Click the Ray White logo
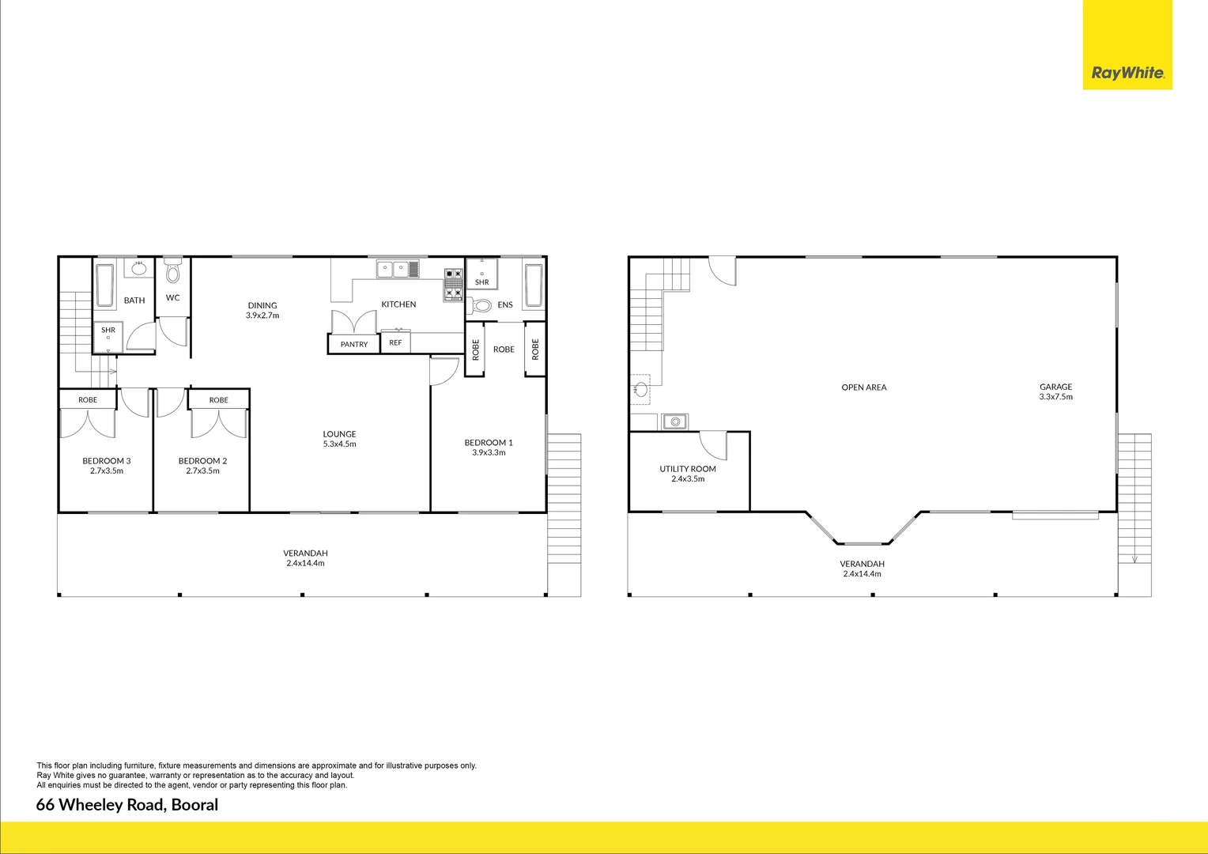coord(1127,73)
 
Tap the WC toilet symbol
coord(173,273)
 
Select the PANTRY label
coord(354,345)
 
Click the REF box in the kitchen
coord(395,343)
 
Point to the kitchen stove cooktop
coord(454,285)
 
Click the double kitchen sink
coord(393,270)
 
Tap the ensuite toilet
coord(481,305)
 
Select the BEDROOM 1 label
coord(489,443)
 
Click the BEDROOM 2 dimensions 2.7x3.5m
coord(203,471)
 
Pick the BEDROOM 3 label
coord(107,461)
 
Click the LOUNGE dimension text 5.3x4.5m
coord(340,444)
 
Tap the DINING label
coord(262,305)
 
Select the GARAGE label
coord(1056,387)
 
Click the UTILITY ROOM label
coord(688,469)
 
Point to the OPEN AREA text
coord(864,387)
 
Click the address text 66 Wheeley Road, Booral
coord(127,805)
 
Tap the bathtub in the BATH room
coord(104,285)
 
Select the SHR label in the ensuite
coord(482,282)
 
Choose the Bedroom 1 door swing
coord(444,372)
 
